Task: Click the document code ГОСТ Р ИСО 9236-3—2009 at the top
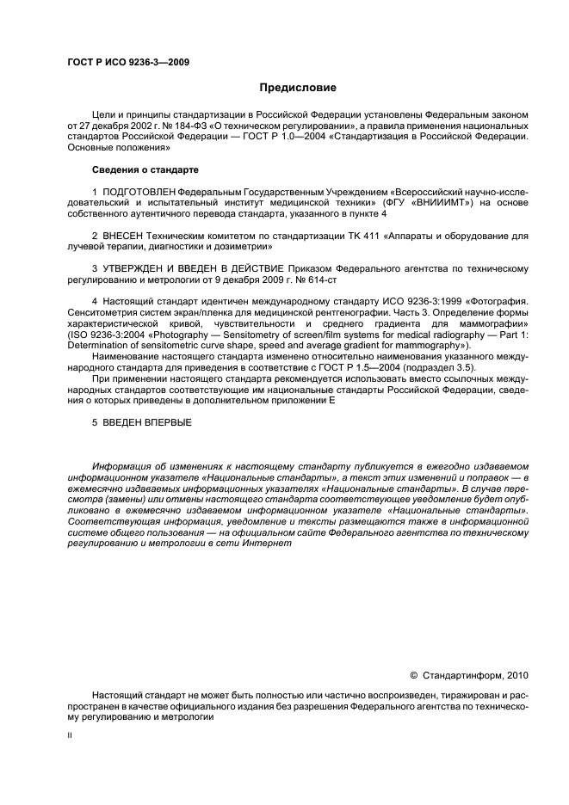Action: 128,63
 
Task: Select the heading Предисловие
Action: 298,88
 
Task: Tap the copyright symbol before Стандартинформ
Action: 413,675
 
